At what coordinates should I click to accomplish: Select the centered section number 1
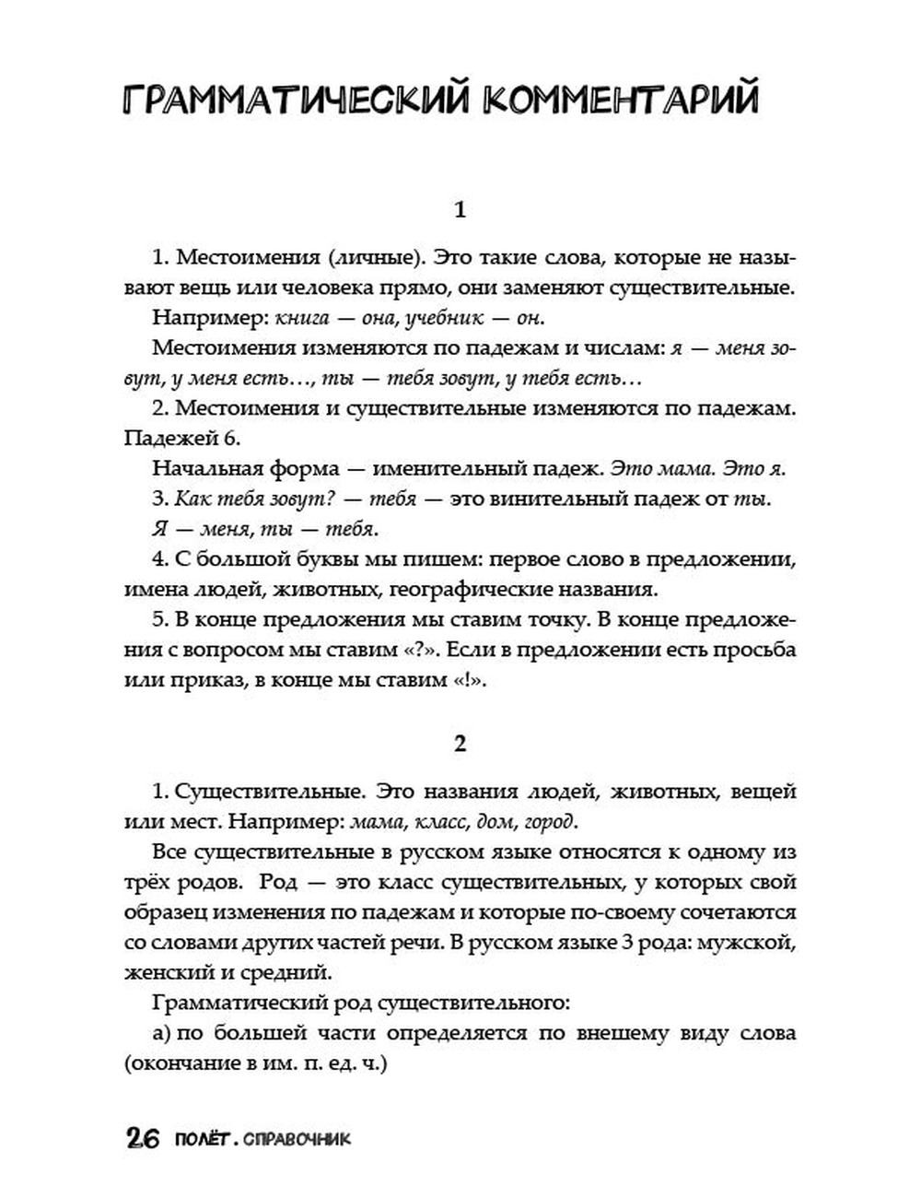click(460, 210)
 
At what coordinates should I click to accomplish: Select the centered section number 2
click(460, 745)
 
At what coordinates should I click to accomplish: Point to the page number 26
click(144, 1139)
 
